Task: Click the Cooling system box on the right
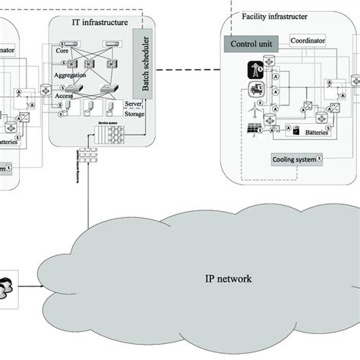click(x=292, y=159)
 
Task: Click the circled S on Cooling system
click(x=319, y=159)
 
